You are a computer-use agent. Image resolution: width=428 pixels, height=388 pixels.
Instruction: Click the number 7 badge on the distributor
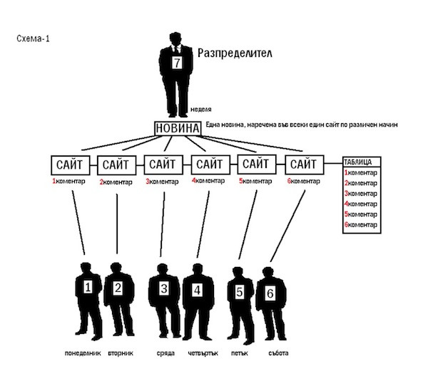pyautogui.click(x=177, y=63)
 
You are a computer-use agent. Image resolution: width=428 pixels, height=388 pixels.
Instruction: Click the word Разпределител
pyautogui.click(x=235, y=53)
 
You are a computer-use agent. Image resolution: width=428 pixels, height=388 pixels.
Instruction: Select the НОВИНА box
pyautogui.click(x=178, y=128)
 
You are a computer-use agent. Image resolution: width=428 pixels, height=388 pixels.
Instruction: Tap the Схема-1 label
pyautogui.click(x=33, y=38)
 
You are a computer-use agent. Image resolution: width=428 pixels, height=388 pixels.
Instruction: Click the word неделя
pyautogui.click(x=201, y=109)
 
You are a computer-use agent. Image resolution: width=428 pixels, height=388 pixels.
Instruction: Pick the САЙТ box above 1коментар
pyautogui.click(x=70, y=165)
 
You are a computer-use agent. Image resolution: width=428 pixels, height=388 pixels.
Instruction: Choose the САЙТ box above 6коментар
pyautogui.click(x=305, y=164)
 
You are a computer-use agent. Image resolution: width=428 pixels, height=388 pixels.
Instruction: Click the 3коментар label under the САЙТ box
pyautogui.click(x=162, y=182)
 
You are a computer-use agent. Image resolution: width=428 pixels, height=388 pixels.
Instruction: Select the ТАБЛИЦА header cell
pyautogui.click(x=362, y=162)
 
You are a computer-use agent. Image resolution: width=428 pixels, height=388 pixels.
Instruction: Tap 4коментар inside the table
pyautogui.click(x=360, y=204)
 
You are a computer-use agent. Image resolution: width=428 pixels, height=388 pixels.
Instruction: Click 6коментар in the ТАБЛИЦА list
pyautogui.click(x=360, y=225)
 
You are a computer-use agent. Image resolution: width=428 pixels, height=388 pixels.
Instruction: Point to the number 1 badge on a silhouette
pyautogui.click(x=88, y=287)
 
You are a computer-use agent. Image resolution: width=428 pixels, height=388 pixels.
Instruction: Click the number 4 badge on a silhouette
pyautogui.click(x=197, y=290)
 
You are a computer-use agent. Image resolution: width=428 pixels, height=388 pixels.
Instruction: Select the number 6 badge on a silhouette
pyautogui.click(x=270, y=293)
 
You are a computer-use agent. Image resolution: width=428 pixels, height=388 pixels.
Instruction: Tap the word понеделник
pyautogui.click(x=83, y=353)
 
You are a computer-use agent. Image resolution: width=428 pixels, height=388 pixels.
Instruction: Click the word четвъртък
pyautogui.click(x=203, y=353)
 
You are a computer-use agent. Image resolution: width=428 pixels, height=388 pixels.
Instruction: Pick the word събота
pyautogui.click(x=278, y=353)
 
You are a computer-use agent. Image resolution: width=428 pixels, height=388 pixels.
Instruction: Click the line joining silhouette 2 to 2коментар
pyautogui.click(x=117, y=224)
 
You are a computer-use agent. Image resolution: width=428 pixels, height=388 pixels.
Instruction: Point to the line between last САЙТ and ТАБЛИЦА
pyautogui.click(x=333, y=164)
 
